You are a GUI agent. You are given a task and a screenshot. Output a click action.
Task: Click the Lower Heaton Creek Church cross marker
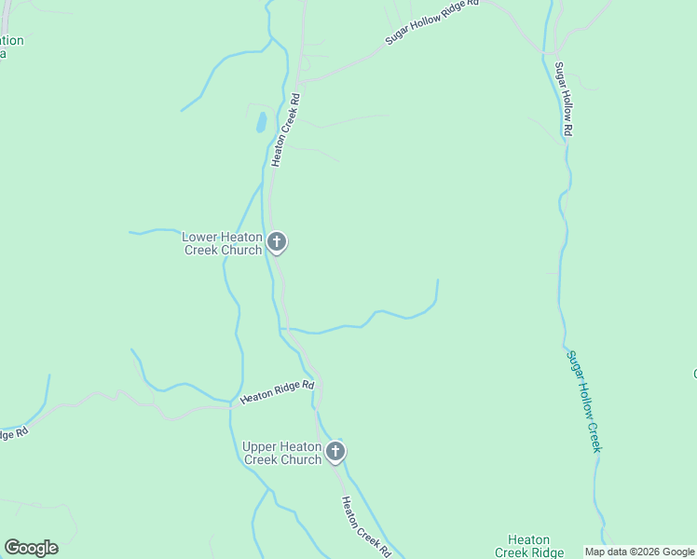pos(276,242)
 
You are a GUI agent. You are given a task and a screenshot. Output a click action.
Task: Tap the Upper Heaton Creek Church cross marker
pos(335,452)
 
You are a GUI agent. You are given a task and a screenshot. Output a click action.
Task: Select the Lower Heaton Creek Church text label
pos(222,243)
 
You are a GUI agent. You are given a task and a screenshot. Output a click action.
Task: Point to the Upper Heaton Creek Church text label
pos(281,453)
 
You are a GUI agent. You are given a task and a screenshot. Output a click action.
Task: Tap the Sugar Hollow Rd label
pos(563,100)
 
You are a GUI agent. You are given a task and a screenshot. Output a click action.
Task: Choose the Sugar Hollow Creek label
pos(584,402)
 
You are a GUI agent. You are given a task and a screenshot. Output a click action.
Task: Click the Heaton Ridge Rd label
pos(278,391)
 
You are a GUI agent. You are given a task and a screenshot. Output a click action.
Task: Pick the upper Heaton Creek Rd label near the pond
pos(285,130)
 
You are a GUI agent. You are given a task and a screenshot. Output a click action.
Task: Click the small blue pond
pos(262,122)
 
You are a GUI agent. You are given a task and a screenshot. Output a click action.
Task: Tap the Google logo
pos(31,548)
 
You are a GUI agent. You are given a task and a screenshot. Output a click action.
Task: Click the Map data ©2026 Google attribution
pos(640,552)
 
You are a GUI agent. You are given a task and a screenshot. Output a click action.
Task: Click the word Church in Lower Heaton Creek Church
pos(240,250)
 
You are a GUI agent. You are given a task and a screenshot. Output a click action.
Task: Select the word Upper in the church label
pos(260,446)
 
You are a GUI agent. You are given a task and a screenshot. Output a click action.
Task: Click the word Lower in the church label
pos(200,237)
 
